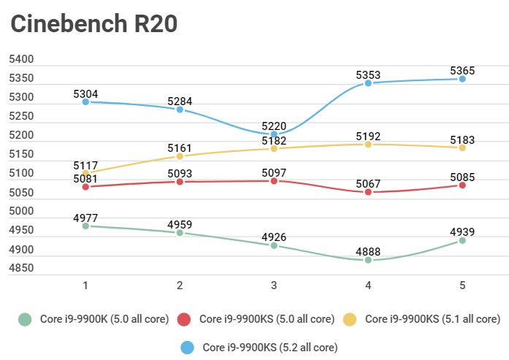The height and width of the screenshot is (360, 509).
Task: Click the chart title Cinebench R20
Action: (93, 24)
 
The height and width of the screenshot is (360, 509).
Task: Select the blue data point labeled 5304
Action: (85, 102)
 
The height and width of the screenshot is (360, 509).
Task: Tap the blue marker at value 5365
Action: (462, 79)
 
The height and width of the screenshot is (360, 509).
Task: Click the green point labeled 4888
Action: (368, 260)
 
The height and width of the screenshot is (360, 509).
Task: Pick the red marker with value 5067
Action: (368, 192)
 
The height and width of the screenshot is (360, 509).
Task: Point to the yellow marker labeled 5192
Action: (368, 145)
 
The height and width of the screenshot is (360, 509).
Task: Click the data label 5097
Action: (274, 171)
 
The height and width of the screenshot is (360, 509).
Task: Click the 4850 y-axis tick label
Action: (22, 269)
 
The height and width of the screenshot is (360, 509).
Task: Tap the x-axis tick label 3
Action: (274, 286)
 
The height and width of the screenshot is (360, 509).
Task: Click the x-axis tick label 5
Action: (462, 286)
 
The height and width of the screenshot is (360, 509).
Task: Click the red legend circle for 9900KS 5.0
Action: (185, 319)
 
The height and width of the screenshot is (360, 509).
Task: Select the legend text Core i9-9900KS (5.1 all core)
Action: (432, 319)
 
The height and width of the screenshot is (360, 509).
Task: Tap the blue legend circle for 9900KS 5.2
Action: (188, 346)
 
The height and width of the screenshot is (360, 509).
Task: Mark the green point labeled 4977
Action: (85, 226)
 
